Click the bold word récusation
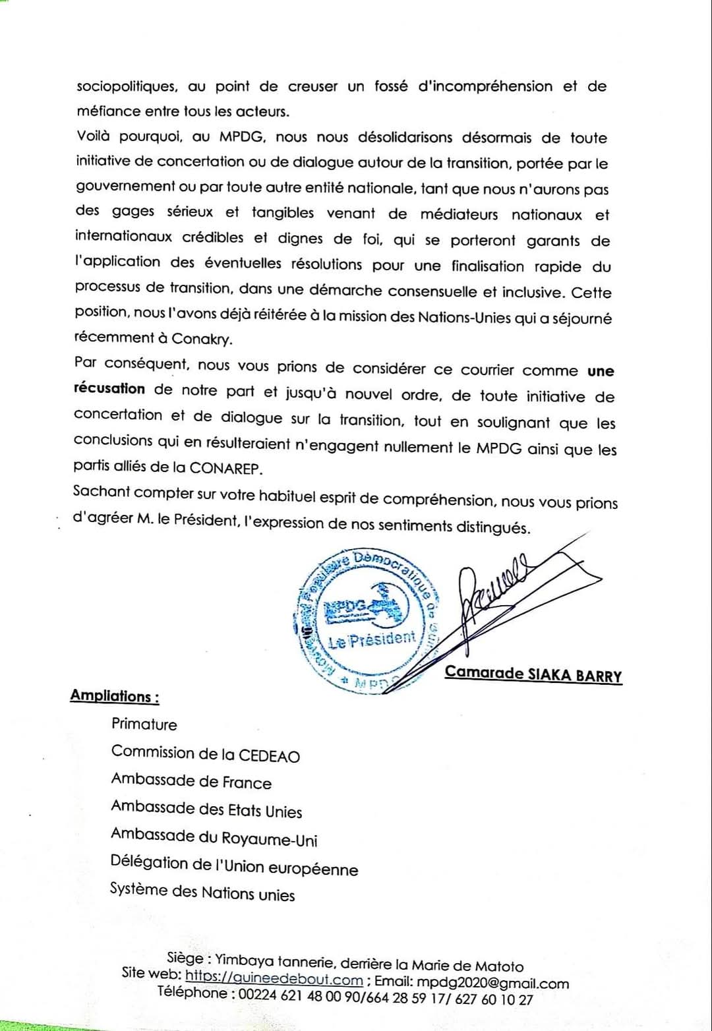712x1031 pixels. coord(109,388)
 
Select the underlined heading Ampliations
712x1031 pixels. coord(114,696)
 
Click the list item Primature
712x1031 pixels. coord(144,724)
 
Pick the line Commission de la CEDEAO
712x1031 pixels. coord(205,753)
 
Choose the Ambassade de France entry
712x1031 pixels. coord(191,781)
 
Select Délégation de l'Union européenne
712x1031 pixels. coord(233,866)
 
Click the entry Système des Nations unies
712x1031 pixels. coord(202,893)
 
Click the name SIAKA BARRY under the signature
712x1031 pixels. coord(575,674)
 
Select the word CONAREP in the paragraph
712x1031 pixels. coord(225,467)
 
